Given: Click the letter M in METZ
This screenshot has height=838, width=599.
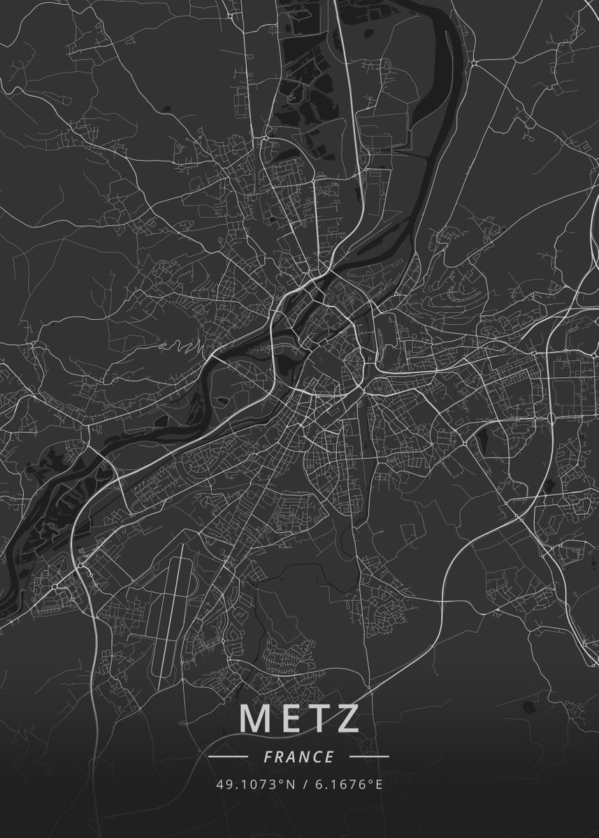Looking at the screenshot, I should [256, 719].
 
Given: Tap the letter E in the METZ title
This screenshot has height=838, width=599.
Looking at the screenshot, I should [289, 719].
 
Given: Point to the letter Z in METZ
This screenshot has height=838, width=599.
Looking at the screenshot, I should [347, 719].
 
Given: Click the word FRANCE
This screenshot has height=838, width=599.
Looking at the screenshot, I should [299, 756].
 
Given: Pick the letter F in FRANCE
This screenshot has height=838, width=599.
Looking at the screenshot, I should [268, 756].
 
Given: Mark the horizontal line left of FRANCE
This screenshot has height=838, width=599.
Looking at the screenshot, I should [228, 756].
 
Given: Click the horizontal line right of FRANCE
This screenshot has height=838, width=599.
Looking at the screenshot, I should [369, 756].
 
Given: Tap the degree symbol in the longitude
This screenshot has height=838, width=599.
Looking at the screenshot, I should [370, 781].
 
